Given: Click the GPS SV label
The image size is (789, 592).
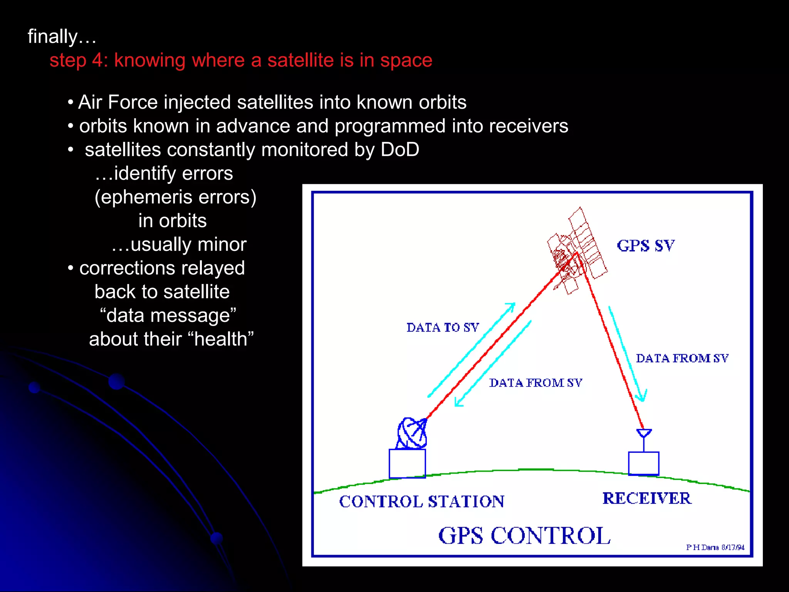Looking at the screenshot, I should click(646, 246).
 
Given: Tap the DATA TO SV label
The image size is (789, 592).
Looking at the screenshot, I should click(443, 328).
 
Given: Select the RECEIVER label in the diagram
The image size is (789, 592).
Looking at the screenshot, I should click(647, 498).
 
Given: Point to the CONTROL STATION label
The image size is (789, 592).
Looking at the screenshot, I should click(421, 501).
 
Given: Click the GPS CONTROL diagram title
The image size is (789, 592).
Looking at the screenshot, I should click(524, 536).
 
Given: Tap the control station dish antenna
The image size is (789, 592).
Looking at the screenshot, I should click(412, 433).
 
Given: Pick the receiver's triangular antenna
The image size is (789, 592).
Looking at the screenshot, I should click(644, 433).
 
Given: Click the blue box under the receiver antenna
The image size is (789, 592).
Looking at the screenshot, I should click(643, 463).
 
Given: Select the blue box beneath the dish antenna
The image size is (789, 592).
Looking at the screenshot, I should click(407, 463).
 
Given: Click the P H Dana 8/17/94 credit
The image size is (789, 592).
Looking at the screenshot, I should click(715, 547).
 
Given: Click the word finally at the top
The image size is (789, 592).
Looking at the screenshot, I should click(53, 37).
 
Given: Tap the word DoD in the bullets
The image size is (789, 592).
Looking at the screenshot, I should click(400, 150).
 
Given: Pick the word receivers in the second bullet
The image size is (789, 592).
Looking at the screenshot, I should click(529, 126).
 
